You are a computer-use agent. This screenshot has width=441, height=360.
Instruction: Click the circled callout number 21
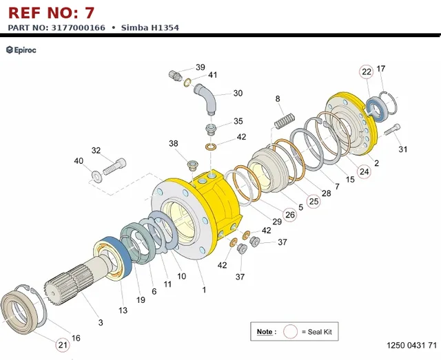63,345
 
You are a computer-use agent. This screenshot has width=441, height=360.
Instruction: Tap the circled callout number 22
366,72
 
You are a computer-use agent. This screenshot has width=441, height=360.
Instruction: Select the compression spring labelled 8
285,121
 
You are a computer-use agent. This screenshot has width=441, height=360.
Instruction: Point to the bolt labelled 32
114,167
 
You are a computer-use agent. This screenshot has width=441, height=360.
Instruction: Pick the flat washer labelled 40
96,177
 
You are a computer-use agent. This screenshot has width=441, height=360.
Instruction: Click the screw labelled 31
392,129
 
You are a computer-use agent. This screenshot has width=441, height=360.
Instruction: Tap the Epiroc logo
21,50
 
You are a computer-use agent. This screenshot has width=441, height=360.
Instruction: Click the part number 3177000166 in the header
78,28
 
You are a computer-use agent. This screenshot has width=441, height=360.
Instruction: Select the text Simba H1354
150,28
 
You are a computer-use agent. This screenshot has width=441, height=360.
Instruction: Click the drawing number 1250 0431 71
412,345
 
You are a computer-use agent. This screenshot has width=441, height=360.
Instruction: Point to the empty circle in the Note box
290,332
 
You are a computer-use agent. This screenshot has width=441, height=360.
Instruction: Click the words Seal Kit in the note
320,332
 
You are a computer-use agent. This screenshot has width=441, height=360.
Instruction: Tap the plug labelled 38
193,165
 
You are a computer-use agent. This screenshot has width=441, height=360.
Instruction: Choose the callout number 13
123,310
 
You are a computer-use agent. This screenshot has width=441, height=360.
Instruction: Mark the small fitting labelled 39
174,76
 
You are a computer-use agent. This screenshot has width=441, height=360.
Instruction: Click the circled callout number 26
289,215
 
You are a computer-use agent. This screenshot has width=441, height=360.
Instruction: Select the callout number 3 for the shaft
101,323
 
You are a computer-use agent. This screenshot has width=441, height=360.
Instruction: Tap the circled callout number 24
365,171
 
